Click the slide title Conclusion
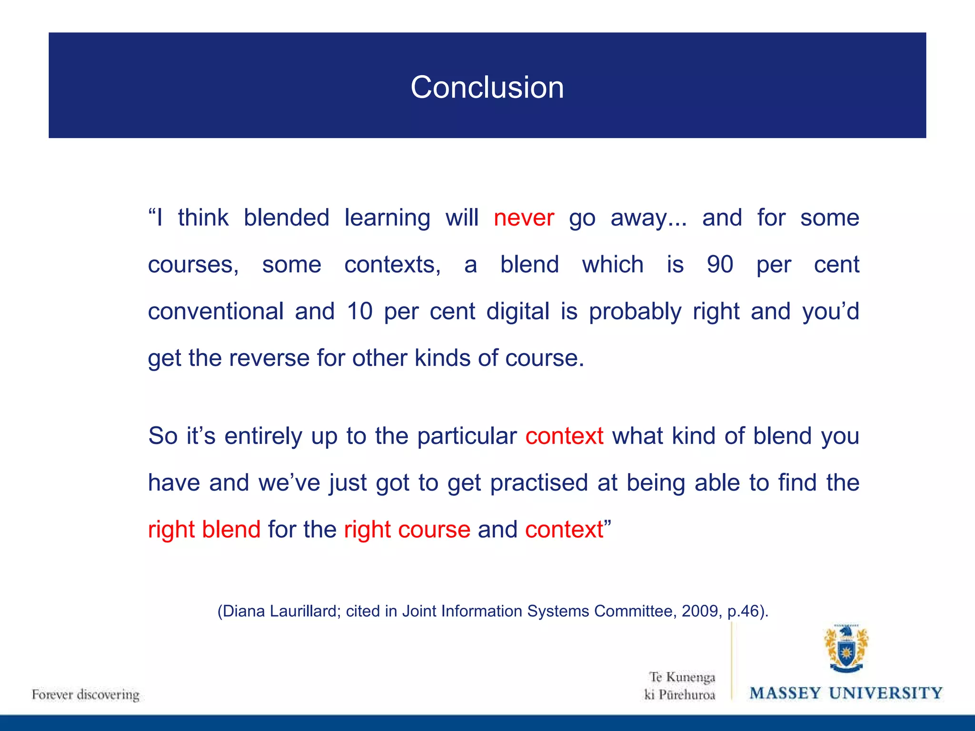[487, 88]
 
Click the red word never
[524, 218]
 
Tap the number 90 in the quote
[720, 265]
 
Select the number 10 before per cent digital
[359, 311]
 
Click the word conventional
[216, 311]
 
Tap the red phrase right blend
[204, 529]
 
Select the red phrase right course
[407, 529]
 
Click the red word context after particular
[564, 436]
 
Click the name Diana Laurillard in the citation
[279, 611]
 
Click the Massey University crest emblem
[846, 649]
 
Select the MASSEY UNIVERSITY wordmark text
[846, 693]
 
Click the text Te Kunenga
[682, 677]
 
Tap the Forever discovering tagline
[86, 694]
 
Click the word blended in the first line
[286, 218]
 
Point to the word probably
[635, 311]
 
